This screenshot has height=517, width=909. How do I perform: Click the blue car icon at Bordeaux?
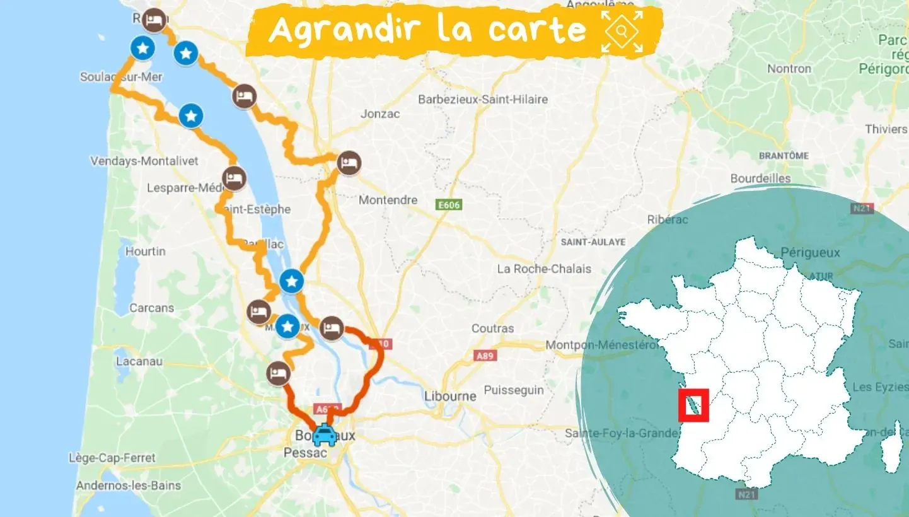point(325,434)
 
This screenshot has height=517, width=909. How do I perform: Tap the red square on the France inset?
point(693,405)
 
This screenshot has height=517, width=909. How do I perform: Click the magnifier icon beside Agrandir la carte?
point(622,31)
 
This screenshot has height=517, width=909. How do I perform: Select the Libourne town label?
point(450,397)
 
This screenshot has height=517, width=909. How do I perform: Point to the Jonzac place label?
point(380,114)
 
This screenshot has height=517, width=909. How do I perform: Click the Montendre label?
point(388,200)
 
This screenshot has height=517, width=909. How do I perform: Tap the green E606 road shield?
point(449,205)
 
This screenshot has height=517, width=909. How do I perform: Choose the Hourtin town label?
point(146,251)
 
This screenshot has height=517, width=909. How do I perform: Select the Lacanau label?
point(139,361)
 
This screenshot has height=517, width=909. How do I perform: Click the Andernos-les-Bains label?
point(129,485)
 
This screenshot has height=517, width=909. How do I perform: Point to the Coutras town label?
point(493,328)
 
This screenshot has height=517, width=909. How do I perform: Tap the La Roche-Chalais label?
point(544,269)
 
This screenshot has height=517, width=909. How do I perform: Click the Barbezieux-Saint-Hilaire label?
point(483,99)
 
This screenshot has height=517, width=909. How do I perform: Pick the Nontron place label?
point(789,68)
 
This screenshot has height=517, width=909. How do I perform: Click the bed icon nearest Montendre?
point(349,163)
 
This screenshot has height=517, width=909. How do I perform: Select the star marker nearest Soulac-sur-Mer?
point(143,47)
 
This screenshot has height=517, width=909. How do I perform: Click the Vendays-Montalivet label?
point(144,161)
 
